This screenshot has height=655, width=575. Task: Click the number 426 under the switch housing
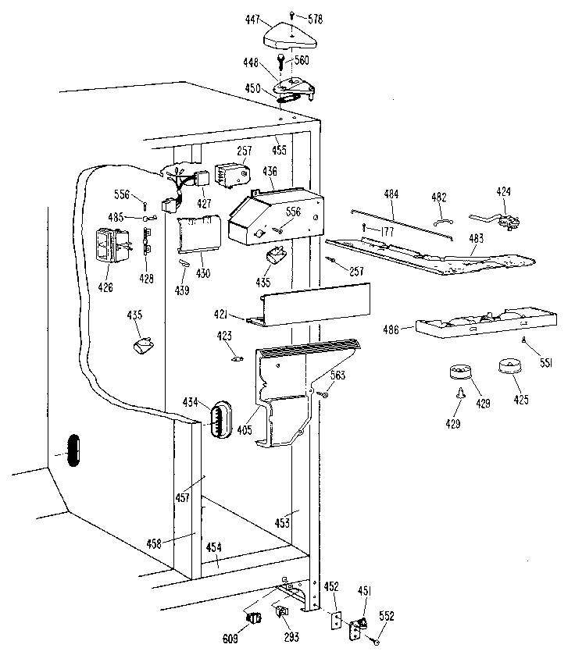point(105,287)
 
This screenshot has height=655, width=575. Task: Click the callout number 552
point(386,617)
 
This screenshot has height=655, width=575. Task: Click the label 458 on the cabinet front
point(155,544)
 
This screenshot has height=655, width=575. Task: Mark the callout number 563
point(337,376)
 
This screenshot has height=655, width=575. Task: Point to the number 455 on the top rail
point(279,150)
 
